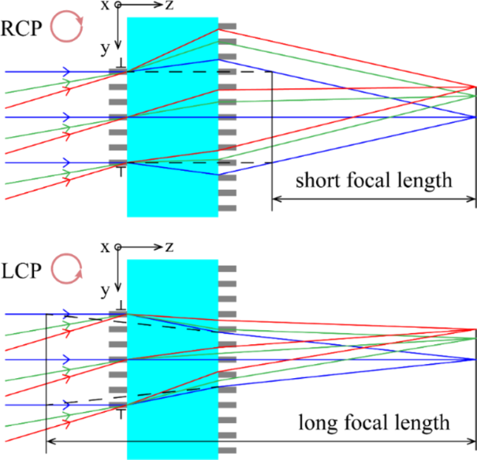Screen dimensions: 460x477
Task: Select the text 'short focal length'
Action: pyautogui.click(x=373, y=181)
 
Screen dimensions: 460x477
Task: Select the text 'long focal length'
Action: pyautogui.click(x=375, y=422)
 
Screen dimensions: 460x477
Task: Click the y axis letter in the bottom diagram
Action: pyautogui.click(x=103, y=291)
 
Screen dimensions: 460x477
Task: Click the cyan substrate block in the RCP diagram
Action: pyautogui.click(x=172, y=118)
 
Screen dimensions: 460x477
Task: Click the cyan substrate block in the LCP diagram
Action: pyautogui.click(x=172, y=358)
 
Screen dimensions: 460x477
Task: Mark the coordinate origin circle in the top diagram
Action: pyautogui.click(x=118, y=6)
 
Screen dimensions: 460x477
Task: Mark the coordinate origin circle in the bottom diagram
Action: pyautogui.click(x=118, y=247)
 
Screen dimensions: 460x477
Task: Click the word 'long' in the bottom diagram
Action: pyautogui.click(x=317, y=423)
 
